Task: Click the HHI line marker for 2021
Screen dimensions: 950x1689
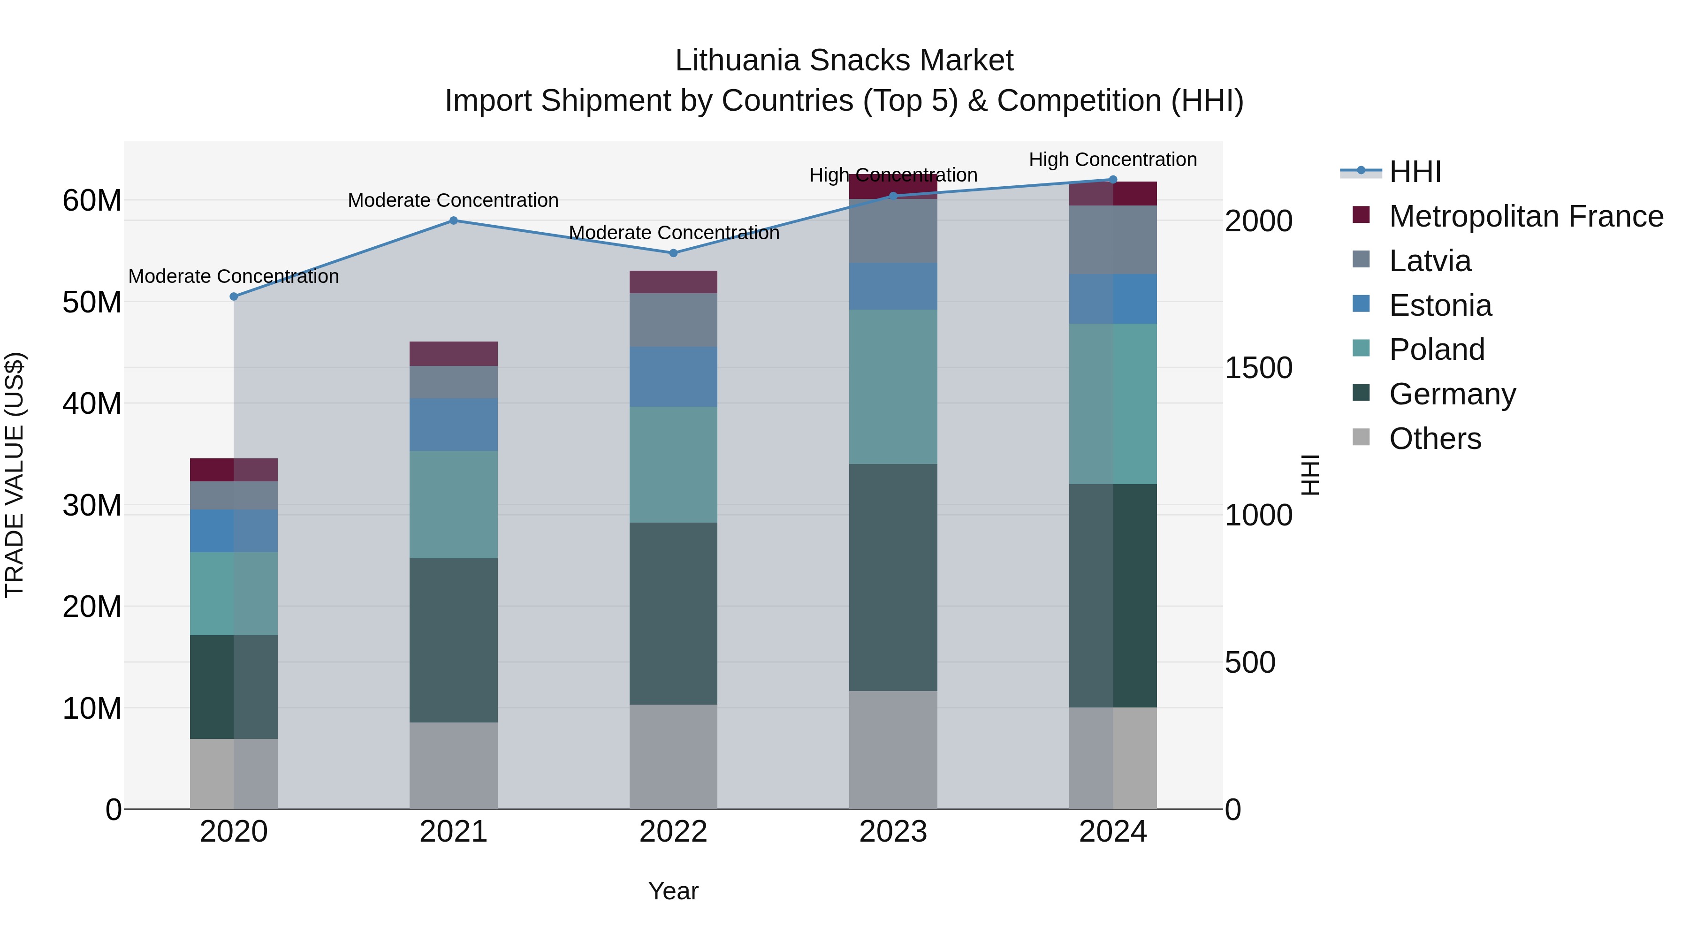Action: (x=453, y=221)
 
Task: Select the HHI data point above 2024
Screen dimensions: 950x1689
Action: (x=1113, y=180)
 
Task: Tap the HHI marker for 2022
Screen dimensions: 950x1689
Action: (x=673, y=253)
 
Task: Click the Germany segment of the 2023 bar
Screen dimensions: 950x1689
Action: (x=893, y=577)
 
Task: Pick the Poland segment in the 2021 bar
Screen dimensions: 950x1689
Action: (x=453, y=504)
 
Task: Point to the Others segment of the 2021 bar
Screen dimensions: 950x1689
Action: (x=453, y=765)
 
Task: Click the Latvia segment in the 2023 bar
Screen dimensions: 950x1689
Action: (x=893, y=231)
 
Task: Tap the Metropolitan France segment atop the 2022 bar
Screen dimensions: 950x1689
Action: (x=673, y=282)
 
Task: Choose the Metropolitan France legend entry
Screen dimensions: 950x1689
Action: (x=1526, y=216)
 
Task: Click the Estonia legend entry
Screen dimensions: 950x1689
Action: (x=1440, y=305)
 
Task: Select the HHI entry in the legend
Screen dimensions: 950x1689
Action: (x=1415, y=172)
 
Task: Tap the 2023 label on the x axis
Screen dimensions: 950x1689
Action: (x=893, y=832)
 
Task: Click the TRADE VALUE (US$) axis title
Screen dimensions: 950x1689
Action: (x=15, y=475)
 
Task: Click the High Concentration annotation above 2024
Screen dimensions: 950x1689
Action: (x=1113, y=160)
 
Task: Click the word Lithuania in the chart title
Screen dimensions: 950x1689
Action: (x=737, y=61)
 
